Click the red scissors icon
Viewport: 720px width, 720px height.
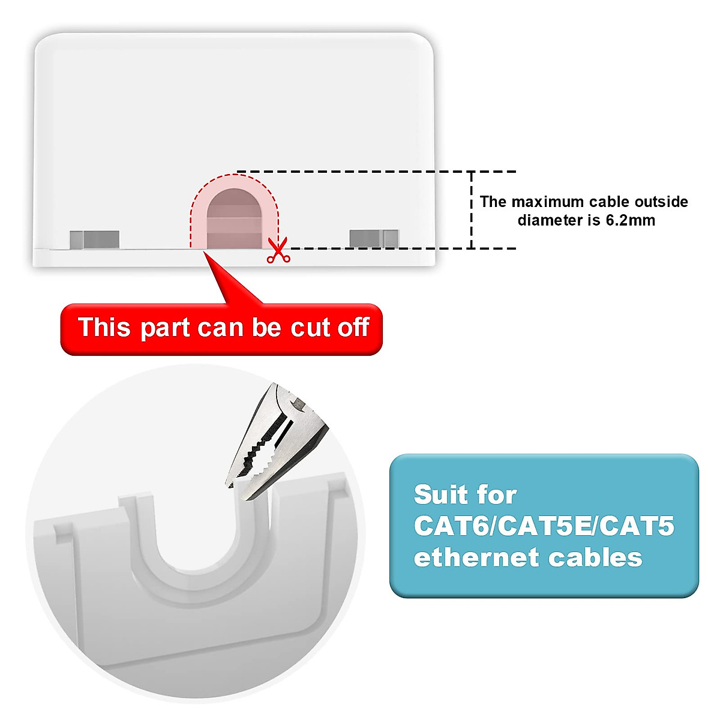(278, 251)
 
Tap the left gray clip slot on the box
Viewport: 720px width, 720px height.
(94, 239)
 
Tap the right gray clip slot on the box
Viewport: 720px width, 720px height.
(374, 238)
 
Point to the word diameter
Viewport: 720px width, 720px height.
(550, 220)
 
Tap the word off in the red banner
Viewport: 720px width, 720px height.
(353, 328)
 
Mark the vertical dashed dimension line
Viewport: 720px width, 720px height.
(472, 210)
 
